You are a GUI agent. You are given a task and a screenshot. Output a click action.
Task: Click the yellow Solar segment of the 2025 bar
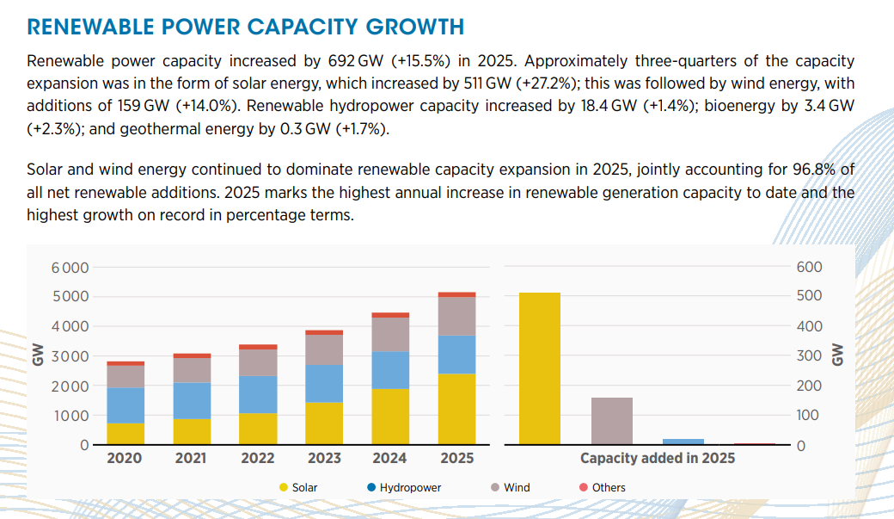pyautogui.click(x=456, y=409)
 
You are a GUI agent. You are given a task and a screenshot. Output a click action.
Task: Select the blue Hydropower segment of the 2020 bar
pyautogui.click(x=126, y=405)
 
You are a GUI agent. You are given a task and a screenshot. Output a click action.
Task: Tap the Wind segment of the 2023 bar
pyautogui.click(x=324, y=349)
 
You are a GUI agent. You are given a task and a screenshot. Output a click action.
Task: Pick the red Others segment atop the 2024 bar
pyautogui.click(x=390, y=315)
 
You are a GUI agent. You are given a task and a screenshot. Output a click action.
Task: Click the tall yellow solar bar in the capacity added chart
pyautogui.click(x=540, y=368)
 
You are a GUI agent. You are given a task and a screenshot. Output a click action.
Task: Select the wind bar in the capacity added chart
pyautogui.click(x=612, y=421)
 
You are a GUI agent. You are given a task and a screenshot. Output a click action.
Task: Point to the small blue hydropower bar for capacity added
pyautogui.click(x=683, y=442)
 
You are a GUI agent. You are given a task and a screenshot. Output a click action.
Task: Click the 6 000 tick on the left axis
pyautogui.click(x=70, y=268)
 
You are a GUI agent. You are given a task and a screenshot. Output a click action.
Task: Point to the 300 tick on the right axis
pyautogui.click(x=810, y=356)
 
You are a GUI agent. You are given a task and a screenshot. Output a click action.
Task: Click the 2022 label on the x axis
pyautogui.click(x=258, y=459)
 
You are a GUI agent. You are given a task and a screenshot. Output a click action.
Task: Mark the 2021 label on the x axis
pyautogui.click(x=192, y=459)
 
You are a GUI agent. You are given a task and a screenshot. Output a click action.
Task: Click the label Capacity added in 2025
pyautogui.click(x=658, y=459)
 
